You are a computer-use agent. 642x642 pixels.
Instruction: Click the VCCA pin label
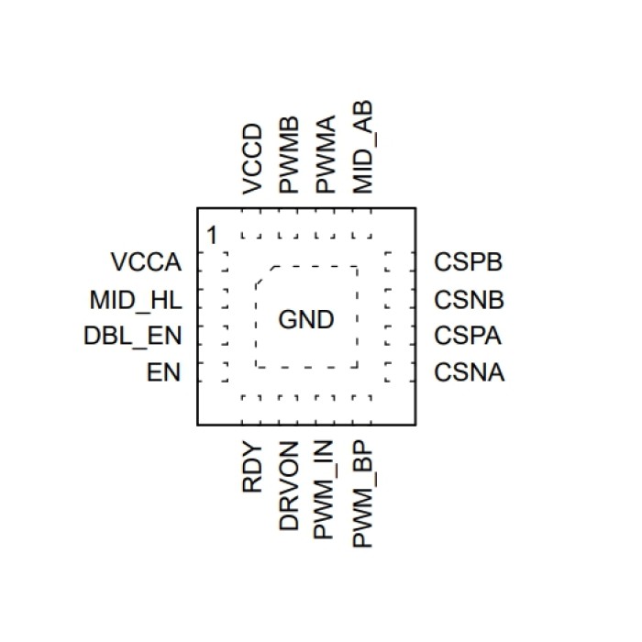click(x=146, y=263)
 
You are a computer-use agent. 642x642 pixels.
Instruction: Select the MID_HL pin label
click(x=136, y=300)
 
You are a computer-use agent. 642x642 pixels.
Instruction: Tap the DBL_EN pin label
click(x=132, y=337)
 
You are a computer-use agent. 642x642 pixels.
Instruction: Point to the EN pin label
click(x=163, y=373)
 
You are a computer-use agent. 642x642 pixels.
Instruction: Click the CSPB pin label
click(x=469, y=263)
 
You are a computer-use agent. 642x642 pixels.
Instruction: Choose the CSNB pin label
click(x=469, y=300)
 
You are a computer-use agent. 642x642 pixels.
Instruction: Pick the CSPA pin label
click(x=469, y=337)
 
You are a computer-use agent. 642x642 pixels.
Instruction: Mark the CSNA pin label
click(x=469, y=373)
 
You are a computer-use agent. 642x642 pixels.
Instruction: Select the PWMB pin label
click(x=290, y=155)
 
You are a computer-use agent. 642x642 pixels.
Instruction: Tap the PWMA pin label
click(x=327, y=155)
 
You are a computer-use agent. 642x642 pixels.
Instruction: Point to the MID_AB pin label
click(x=363, y=148)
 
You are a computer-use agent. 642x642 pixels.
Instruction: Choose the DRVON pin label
click(x=290, y=485)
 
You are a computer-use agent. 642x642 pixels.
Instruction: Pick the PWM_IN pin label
click(x=327, y=490)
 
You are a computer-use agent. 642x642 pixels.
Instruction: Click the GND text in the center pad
click(x=306, y=320)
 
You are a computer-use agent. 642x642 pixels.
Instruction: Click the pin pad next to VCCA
click(x=224, y=263)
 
